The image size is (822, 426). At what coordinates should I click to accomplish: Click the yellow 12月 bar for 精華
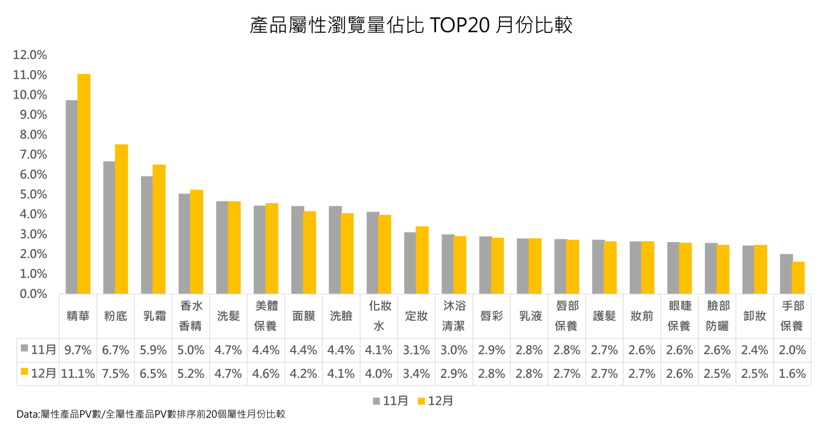point(84,184)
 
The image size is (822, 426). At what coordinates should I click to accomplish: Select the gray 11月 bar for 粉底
point(109,227)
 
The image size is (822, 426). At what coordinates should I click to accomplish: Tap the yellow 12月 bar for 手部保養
point(798,278)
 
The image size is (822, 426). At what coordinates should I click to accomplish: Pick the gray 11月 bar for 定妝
point(410,263)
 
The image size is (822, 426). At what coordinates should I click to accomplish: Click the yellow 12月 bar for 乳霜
point(159,229)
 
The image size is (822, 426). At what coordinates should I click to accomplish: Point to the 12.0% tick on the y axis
point(30,55)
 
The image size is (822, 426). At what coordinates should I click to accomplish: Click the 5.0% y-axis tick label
point(33,194)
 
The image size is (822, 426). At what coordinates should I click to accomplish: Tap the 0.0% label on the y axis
point(33,294)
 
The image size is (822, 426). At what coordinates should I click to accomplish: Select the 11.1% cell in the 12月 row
point(78,373)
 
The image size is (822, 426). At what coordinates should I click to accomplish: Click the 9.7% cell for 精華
point(78,350)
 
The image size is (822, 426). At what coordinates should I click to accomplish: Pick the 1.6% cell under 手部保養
point(792,373)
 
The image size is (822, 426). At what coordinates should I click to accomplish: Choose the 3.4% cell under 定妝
point(417,373)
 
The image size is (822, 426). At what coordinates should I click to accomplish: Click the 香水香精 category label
point(191,316)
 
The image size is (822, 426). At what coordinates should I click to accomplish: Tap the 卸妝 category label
point(755,316)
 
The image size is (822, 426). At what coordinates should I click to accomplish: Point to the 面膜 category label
point(303,316)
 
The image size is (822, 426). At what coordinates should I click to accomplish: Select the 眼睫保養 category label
point(679,316)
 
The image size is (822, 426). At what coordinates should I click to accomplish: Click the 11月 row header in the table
point(38,350)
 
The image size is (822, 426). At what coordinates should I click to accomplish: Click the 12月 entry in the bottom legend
point(435,401)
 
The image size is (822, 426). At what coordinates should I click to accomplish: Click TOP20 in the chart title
point(458,25)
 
